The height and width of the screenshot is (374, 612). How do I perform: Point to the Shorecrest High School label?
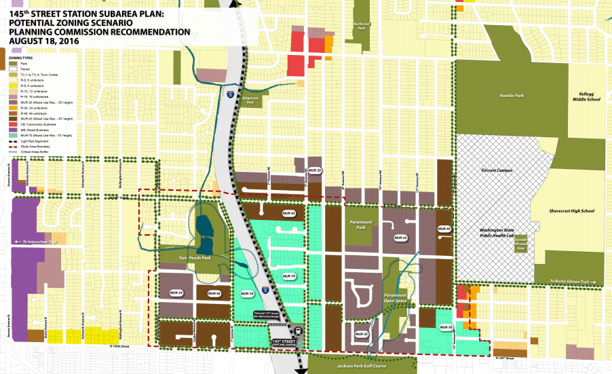tap(571, 211)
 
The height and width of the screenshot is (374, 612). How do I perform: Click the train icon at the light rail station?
tap(299, 341)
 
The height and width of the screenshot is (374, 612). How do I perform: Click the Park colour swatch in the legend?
tap(13, 64)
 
